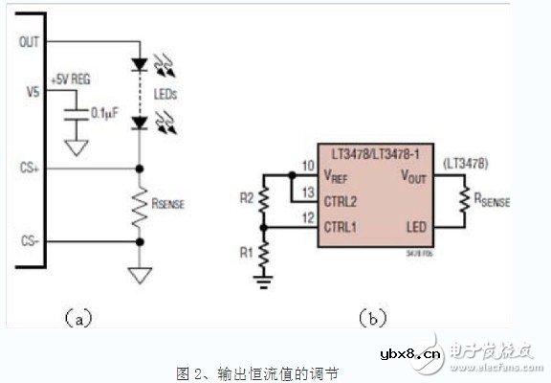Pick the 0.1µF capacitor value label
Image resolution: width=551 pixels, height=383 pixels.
click(103, 112)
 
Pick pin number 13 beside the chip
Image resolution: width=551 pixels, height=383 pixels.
click(307, 191)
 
